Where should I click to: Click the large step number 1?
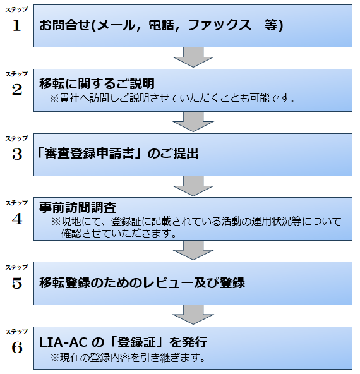[x=16, y=25]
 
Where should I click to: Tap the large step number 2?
[x=17, y=90]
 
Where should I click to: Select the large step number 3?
[x=17, y=154]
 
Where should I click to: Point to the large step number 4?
[x=17, y=219]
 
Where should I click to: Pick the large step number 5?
[x=17, y=283]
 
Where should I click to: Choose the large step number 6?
[x=17, y=347]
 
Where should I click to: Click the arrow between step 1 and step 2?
[x=193, y=57]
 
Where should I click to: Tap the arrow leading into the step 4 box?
[x=193, y=186]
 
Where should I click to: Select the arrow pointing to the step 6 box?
[x=193, y=315]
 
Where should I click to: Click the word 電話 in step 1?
[x=161, y=25]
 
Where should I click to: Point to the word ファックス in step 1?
[x=219, y=25]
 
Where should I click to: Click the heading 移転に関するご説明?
[x=97, y=83]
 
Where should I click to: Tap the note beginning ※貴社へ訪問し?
[x=172, y=99]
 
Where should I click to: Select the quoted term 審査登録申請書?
[x=90, y=153]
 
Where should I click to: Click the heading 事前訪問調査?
[x=78, y=207]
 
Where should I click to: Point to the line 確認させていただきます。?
[x=119, y=233]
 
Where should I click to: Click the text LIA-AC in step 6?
[x=63, y=342]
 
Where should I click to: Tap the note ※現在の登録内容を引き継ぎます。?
[x=128, y=358]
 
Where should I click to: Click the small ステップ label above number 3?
[x=16, y=138]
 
